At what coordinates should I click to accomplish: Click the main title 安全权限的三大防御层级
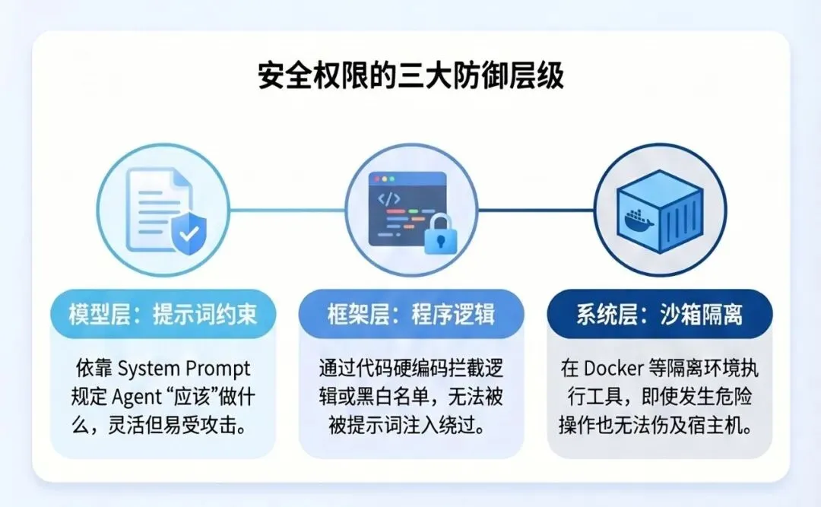pyautogui.click(x=410, y=78)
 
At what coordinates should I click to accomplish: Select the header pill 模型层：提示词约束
pyautogui.click(x=163, y=315)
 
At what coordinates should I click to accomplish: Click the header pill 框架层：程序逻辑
pyautogui.click(x=410, y=315)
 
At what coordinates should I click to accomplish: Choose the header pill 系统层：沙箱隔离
pyautogui.click(x=659, y=315)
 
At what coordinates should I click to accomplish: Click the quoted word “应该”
pyautogui.click(x=192, y=397)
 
